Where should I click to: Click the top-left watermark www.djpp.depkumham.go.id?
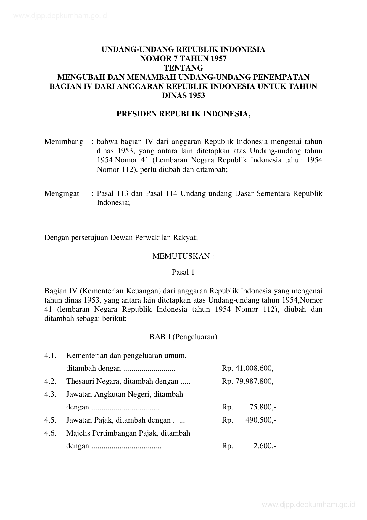pos(60,16)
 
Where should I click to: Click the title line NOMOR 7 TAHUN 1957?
pos(183,59)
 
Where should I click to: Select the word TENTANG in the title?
pos(183,68)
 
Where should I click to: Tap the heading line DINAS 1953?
pos(183,96)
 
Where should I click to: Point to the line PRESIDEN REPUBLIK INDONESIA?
pos(183,114)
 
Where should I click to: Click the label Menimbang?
pos(64,142)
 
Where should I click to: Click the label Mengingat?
pos(62,193)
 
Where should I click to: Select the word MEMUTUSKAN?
pos(181,256)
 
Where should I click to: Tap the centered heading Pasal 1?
pos(183,272)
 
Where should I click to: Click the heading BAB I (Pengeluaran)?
pos(183,337)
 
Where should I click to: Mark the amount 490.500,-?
pos(260,420)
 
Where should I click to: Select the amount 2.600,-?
pos(265,446)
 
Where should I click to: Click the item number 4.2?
pos(50,381)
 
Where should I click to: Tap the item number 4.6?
pos(50,433)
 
